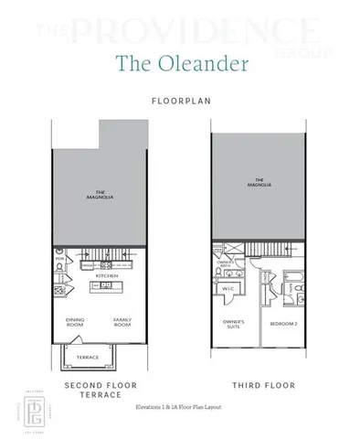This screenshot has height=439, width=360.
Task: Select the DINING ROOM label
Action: click(x=75, y=322)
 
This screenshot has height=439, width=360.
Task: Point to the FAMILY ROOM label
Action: click(x=122, y=322)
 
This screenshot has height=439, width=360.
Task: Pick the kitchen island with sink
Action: click(x=108, y=288)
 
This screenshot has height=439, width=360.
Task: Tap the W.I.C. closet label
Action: click(x=229, y=292)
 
